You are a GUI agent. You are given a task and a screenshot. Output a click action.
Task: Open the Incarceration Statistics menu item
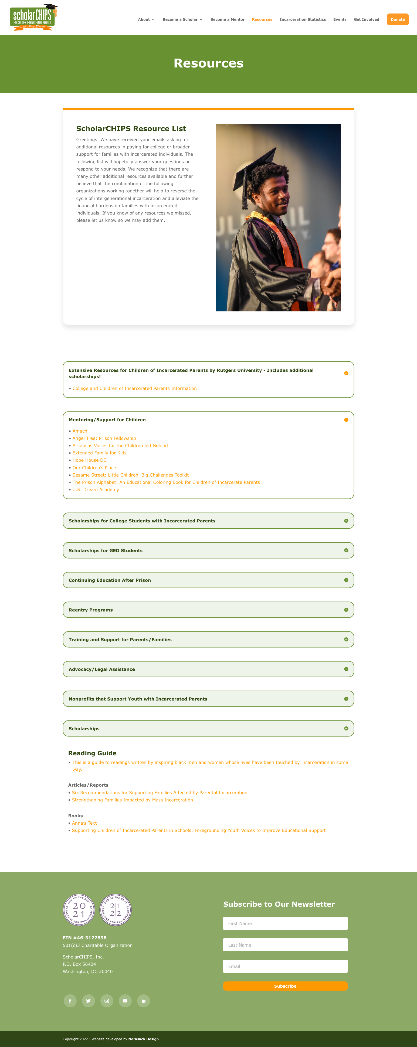click(x=302, y=19)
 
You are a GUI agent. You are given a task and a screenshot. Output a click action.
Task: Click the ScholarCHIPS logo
click(x=33, y=17)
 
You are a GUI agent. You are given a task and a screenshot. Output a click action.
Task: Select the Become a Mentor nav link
click(x=227, y=19)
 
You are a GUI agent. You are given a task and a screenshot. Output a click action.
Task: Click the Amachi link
click(x=80, y=431)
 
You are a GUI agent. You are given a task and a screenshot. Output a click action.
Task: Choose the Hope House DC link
click(x=89, y=460)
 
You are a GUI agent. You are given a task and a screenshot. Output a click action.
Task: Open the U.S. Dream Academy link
click(x=96, y=489)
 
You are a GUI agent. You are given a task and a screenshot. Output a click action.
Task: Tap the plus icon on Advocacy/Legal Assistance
click(x=346, y=669)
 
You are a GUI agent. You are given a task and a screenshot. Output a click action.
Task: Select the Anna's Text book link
click(x=84, y=823)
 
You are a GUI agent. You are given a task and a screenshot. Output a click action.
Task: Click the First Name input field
click(x=285, y=923)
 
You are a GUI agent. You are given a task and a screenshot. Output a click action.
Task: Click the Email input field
click(x=285, y=966)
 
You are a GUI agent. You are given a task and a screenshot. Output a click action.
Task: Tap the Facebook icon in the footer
click(x=70, y=1001)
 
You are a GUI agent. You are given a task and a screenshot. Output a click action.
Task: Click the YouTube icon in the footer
click(x=125, y=1001)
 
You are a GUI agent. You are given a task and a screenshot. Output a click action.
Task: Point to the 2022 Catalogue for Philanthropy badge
click(x=116, y=910)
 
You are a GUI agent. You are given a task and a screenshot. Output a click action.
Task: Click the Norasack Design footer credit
click(x=144, y=1039)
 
